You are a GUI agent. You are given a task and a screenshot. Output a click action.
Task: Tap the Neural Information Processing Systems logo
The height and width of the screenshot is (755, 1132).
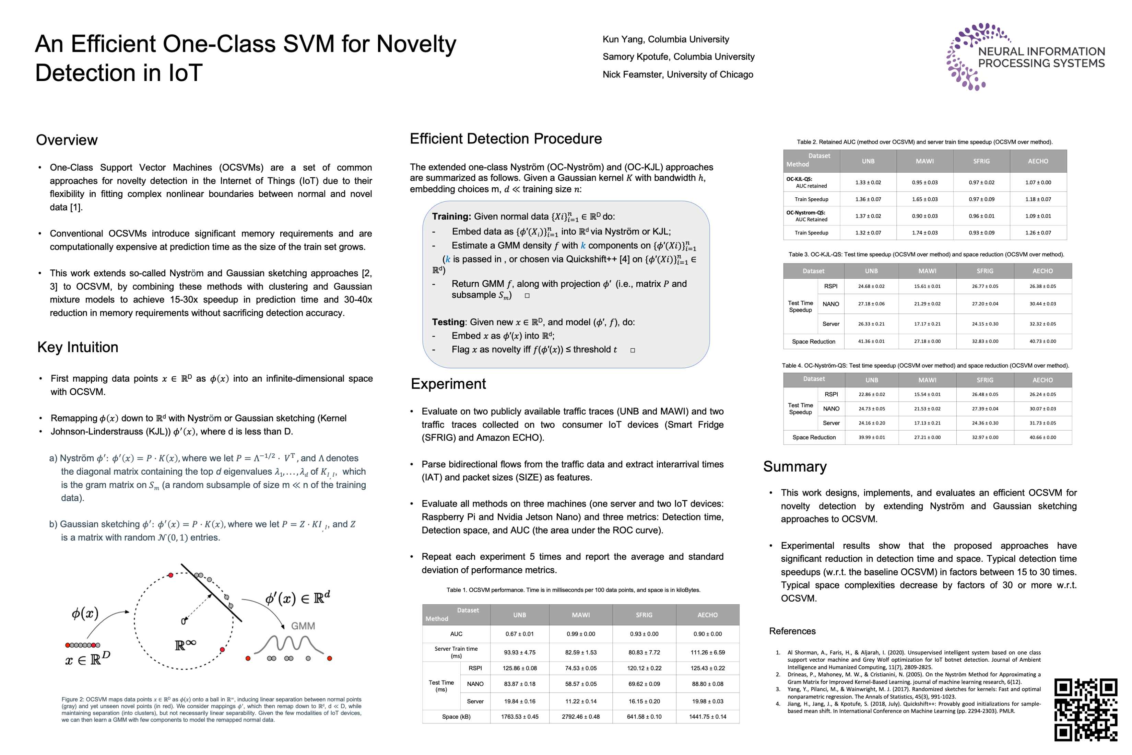pos(1025,57)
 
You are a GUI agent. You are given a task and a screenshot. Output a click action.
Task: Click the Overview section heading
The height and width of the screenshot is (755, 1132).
pos(67,140)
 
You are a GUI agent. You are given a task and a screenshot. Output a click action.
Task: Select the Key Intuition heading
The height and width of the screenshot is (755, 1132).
pos(78,347)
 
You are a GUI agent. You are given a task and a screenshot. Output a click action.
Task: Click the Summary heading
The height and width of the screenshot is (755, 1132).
pos(794,467)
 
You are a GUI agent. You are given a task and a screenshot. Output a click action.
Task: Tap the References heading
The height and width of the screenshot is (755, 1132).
pos(792,631)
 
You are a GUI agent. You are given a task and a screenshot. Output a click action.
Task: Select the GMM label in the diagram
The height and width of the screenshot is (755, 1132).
pos(303,626)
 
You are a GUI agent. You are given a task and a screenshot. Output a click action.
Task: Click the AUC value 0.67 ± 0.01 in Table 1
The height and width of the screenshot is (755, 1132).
pos(519,634)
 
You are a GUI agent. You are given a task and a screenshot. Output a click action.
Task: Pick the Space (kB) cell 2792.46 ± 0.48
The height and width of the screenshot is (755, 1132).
pos(580,717)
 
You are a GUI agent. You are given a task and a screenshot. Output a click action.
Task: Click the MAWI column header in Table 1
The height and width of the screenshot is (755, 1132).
pos(580,615)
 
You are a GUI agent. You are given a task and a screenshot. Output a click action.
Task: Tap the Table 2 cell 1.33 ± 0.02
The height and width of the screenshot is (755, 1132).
pos(868,183)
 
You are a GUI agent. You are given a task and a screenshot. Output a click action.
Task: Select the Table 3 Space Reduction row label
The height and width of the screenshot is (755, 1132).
pos(813,341)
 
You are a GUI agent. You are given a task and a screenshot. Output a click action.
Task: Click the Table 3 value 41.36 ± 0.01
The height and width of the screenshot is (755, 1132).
pos(871,341)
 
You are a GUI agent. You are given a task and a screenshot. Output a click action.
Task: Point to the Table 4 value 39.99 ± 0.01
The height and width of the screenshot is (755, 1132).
pos(872,437)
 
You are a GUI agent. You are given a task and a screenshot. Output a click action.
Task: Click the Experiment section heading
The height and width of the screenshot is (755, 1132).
pos(448,384)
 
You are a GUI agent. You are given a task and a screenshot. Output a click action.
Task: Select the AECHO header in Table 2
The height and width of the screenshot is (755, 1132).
pos(1038,161)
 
